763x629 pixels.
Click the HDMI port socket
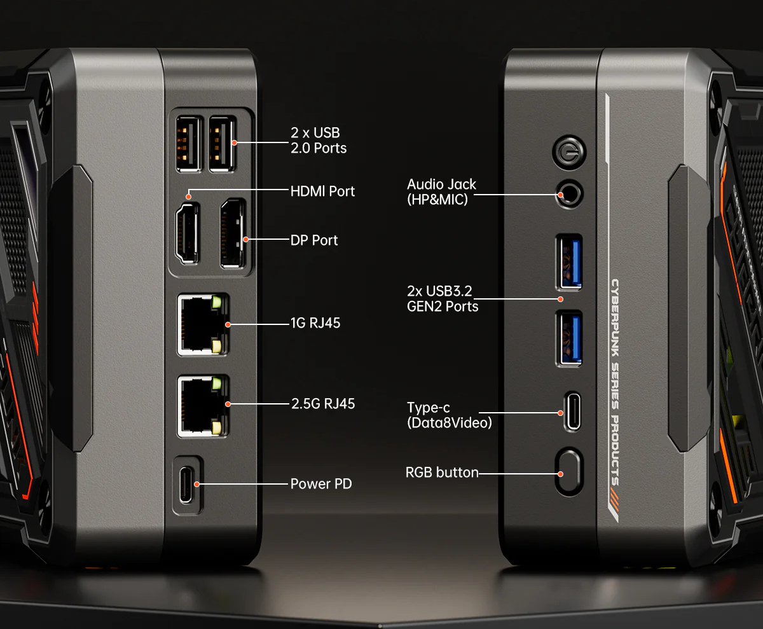pos(188,233)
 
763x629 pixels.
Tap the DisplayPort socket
pos(233,233)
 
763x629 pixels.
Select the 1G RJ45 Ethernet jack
pos(203,324)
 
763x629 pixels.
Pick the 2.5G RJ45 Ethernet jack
pos(203,406)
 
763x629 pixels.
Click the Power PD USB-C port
pos(187,485)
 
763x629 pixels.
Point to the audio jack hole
pos(569,194)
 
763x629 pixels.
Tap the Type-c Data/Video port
pos(572,411)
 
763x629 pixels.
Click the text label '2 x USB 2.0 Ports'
pos(319,141)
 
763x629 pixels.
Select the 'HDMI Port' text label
pos(322,191)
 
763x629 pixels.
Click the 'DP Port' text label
pos(314,240)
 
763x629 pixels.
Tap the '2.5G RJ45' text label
pos(323,403)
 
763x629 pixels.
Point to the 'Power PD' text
pos(321,483)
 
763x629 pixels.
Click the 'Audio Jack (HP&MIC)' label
pos(441,191)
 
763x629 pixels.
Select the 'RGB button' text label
pos(442,472)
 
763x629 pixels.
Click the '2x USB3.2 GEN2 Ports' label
pos(443,299)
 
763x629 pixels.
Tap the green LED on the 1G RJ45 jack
pos(216,302)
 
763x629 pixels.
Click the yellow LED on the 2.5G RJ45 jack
pos(216,427)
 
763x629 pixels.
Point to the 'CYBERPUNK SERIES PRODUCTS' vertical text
pos(615,382)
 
